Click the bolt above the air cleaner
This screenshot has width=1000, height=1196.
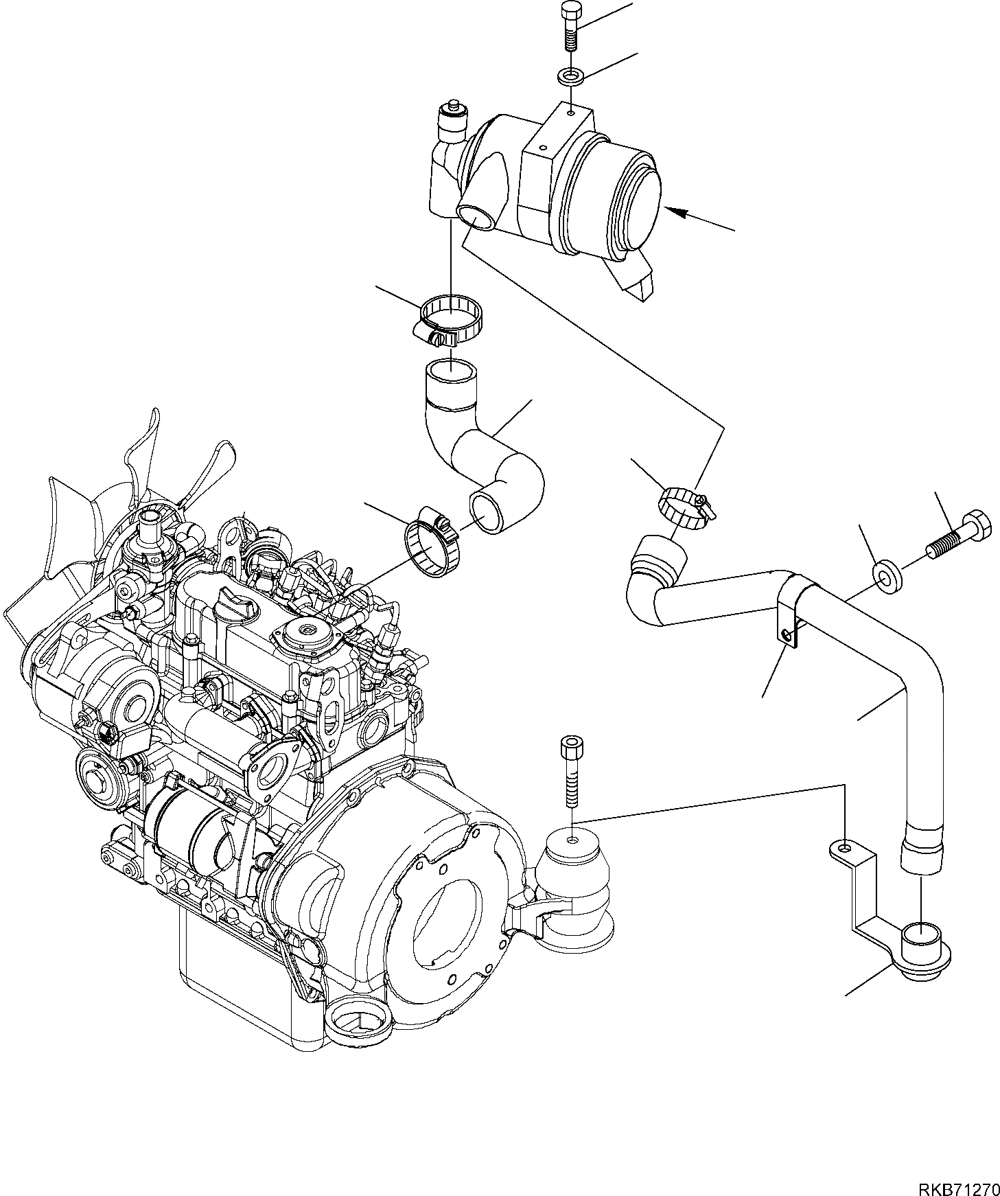[570, 27]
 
